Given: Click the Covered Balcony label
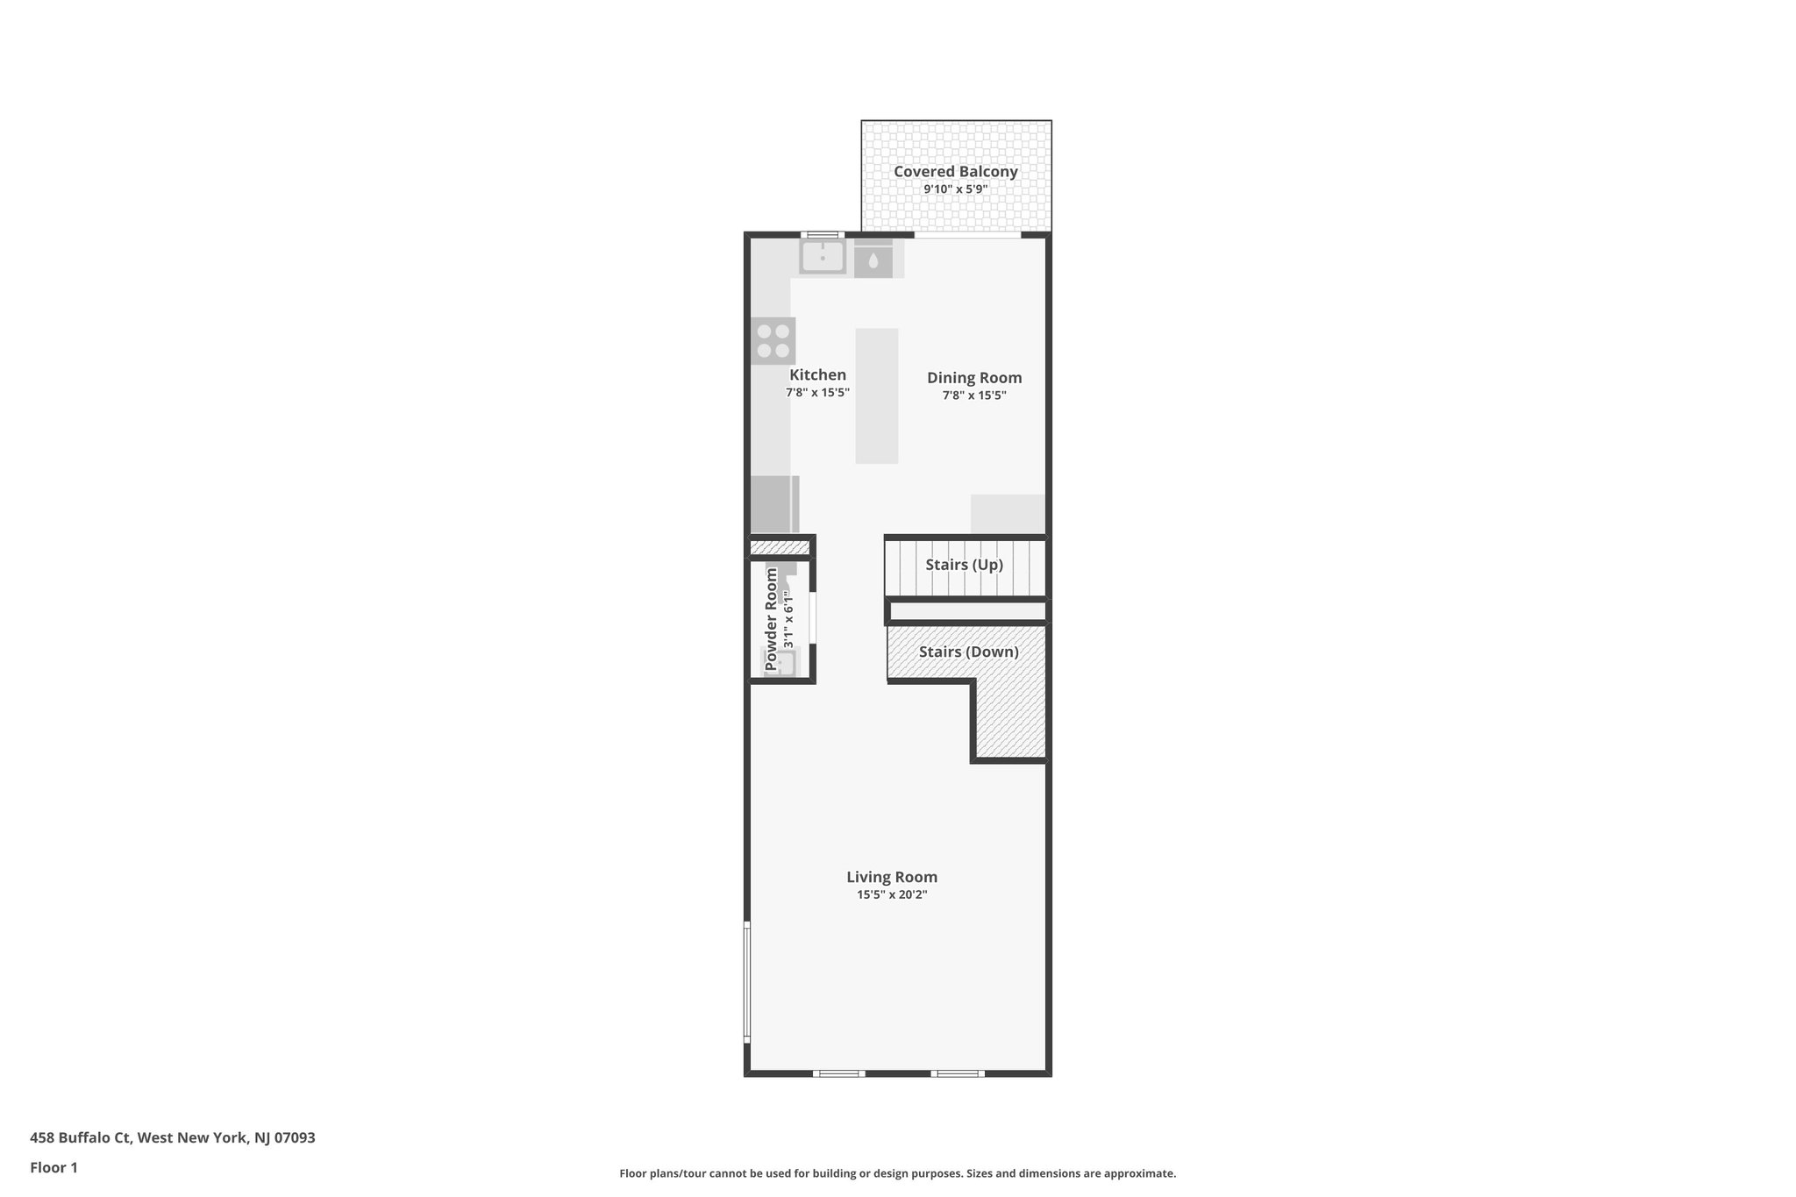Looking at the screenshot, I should pyautogui.click(x=955, y=172).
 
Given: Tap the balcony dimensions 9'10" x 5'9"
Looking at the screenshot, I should pyautogui.click(x=955, y=189).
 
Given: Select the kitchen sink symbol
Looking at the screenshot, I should pyautogui.click(x=823, y=257).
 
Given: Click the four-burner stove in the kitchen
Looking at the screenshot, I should pyautogui.click(x=773, y=341).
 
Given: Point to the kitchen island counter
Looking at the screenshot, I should pyautogui.click(x=876, y=395).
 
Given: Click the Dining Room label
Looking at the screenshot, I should pyautogui.click(x=973, y=378).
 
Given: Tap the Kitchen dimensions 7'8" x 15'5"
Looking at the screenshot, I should pyautogui.click(x=817, y=394).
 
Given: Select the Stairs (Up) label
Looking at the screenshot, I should pyautogui.click(x=964, y=565).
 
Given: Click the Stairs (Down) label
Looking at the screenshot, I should pyautogui.click(x=968, y=652).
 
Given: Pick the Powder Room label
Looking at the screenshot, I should pyautogui.click(x=772, y=619).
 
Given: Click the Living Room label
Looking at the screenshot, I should pyautogui.click(x=891, y=877).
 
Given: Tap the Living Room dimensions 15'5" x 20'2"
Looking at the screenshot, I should pyautogui.click(x=891, y=895).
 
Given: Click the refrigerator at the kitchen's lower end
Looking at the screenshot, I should pyautogui.click(x=773, y=504).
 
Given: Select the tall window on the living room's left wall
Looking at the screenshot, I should pyautogui.click(x=747, y=981).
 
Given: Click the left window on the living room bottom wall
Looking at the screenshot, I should pyautogui.click(x=838, y=1073).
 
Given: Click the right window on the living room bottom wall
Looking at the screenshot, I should pyautogui.click(x=957, y=1073).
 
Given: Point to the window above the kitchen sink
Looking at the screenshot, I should pyautogui.click(x=823, y=235).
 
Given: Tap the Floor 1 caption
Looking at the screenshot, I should pyautogui.click(x=53, y=1168).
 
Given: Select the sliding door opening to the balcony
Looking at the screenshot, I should pyautogui.click(x=967, y=235).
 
